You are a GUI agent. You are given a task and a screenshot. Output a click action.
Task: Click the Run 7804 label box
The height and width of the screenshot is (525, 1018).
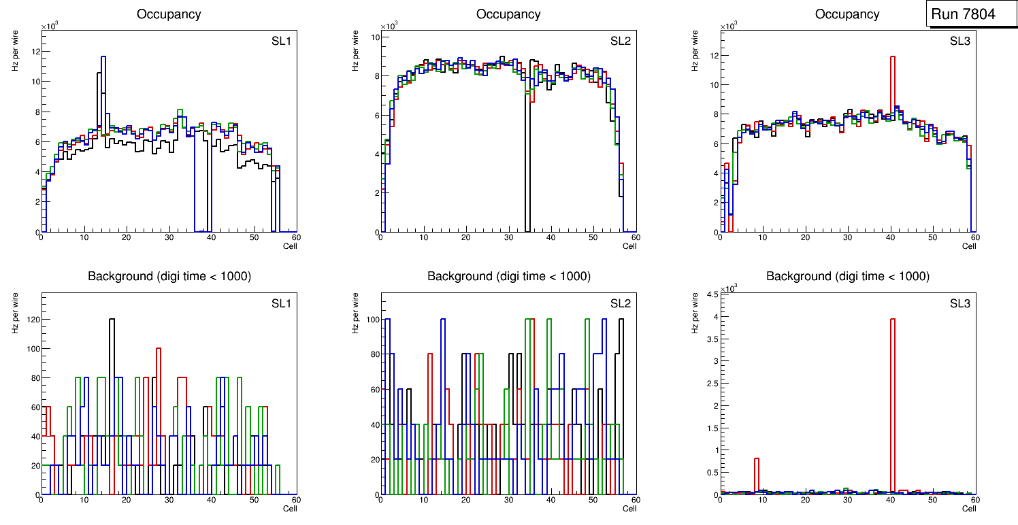point(972,14)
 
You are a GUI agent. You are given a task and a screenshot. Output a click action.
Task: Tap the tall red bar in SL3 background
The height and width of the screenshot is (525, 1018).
point(892,381)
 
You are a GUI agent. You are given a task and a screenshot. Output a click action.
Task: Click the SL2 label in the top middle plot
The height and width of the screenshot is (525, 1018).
point(620,41)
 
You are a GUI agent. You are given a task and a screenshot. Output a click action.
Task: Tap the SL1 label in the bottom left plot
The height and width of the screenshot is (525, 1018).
point(281,303)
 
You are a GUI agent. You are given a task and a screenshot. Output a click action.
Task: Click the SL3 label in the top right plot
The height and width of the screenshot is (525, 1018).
point(959,41)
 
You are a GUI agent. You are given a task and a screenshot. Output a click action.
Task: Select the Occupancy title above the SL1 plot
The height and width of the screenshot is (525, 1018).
point(169,14)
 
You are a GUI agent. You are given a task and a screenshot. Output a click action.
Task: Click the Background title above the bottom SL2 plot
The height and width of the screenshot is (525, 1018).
point(508,276)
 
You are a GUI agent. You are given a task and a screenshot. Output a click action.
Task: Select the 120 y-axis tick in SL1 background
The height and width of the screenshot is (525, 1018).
point(31,319)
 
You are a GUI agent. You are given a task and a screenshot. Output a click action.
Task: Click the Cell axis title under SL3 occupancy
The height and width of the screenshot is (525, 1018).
point(969,246)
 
